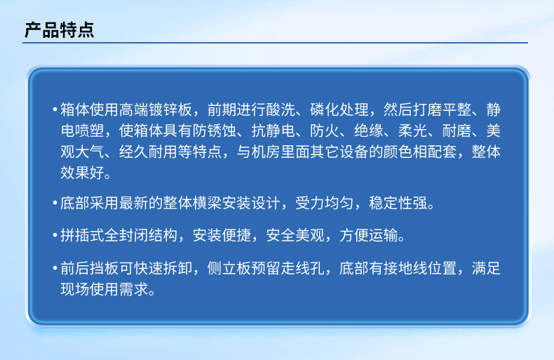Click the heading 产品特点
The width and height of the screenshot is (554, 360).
click(x=60, y=29)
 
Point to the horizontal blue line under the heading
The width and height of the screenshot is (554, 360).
click(x=275, y=43)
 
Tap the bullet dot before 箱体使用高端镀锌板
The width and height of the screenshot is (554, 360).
click(x=55, y=109)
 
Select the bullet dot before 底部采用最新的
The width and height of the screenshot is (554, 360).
click(x=55, y=203)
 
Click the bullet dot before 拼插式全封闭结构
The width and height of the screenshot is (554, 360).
click(x=55, y=235)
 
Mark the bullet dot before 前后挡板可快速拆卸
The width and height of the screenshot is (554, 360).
click(x=55, y=268)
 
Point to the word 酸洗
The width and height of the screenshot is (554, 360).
click(x=281, y=109)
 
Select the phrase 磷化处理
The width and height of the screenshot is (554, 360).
click(x=339, y=109)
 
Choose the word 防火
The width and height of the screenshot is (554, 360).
click(x=325, y=131)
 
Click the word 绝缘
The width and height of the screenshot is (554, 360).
click(x=369, y=131)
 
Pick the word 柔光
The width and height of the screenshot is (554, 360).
click(x=413, y=131)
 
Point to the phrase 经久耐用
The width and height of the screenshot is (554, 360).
click(x=148, y=152)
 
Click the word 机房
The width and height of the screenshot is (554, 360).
click(x=266, y=152)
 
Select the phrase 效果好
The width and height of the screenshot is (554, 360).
click(x=82, y=173)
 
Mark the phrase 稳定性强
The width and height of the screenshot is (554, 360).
click(x=398, y=203)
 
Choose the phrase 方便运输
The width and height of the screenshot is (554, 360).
click(x=368, y=235)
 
